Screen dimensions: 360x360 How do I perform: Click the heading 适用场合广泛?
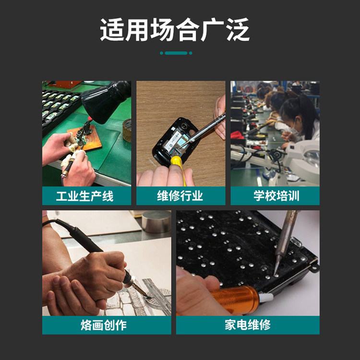point(175,30)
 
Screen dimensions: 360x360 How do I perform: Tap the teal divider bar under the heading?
point(176,53)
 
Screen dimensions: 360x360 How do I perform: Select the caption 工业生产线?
point(84,196)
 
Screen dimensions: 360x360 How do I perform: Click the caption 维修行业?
point(180,196)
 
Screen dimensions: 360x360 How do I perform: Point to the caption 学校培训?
point(276,196)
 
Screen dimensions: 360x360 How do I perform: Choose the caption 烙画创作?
point(104,325)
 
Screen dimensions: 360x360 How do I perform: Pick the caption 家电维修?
point(248,325)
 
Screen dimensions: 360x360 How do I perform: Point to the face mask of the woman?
point(295,131)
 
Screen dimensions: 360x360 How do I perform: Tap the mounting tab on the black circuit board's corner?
point(314,267)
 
